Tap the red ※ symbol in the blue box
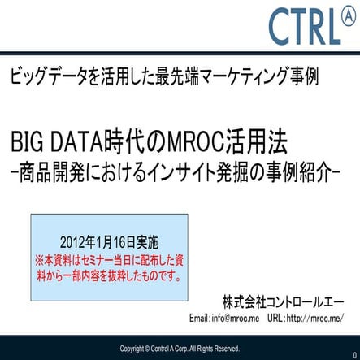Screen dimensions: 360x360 point(40,262)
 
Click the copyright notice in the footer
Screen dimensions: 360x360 point(180,349)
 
